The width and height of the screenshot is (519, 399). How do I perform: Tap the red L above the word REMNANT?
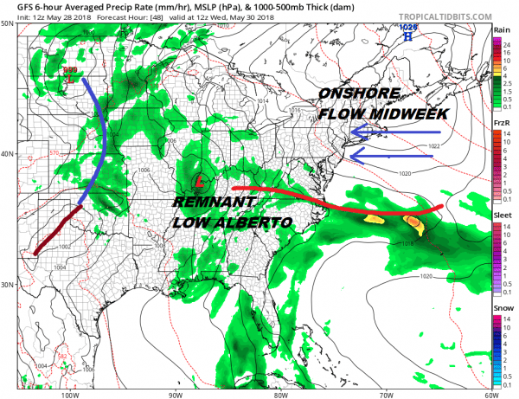click(x=200, y=183)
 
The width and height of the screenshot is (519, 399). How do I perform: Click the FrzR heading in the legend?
click(x=501, y=124)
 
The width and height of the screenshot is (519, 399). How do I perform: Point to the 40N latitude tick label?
click(x=7, y=155)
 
